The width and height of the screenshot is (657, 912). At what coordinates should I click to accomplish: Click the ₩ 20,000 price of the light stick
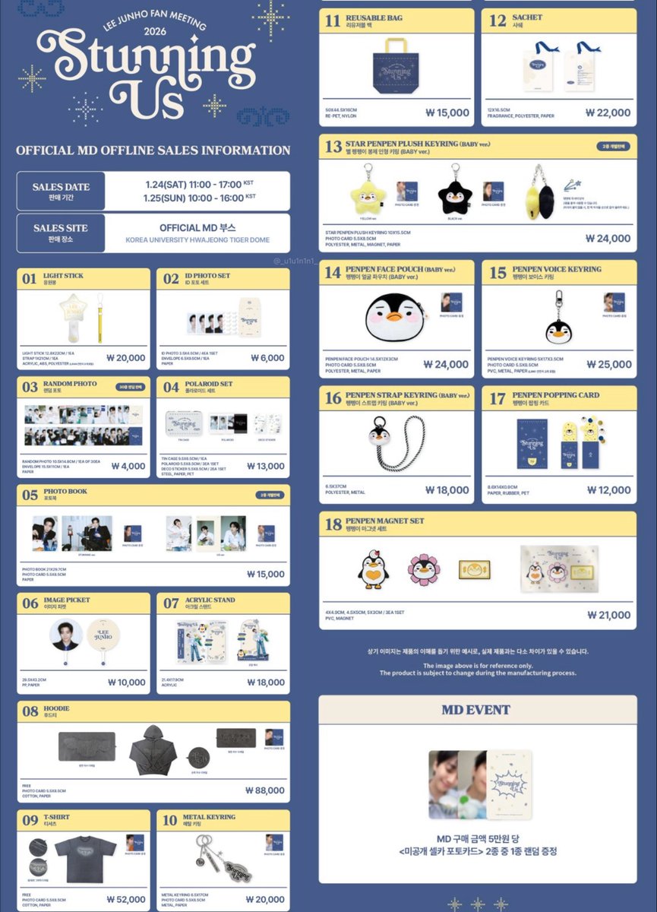click(125, 358)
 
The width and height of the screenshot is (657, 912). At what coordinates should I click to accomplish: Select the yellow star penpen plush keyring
click(368, 195)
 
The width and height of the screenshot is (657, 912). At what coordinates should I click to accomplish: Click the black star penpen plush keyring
click(456, 195)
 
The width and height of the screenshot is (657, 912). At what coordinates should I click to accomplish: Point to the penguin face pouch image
click(395, 318)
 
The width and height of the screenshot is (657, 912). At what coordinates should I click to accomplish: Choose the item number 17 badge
click(497, 399)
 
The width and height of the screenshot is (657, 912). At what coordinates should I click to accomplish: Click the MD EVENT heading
click(477, 710)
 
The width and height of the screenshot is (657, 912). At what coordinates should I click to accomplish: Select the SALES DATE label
click(61, 187)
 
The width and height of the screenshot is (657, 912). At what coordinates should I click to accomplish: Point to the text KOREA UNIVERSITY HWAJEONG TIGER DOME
click(199, 240)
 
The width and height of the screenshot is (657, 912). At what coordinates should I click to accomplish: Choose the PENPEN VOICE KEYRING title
click(557, 269)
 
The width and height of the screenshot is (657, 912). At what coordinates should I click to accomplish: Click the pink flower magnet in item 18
click(423, 569)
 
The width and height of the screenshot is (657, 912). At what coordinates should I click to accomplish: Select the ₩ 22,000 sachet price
click(608, 112)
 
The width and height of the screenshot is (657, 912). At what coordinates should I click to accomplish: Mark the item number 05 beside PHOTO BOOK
click(30, 495)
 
